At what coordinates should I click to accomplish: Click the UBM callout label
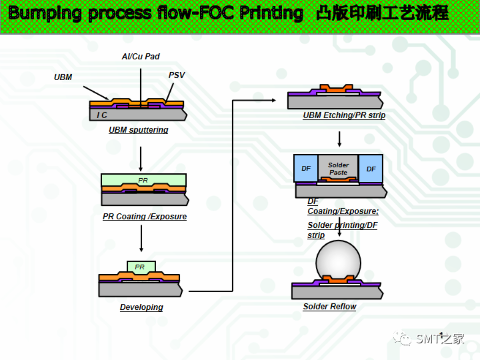[x=63, y=77]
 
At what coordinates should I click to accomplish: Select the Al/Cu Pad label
[x=141, y=56]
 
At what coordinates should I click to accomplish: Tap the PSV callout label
[x=177, y=75]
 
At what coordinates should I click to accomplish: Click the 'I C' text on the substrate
[x=102, y=115]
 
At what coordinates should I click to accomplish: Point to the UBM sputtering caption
[x=138, y=130]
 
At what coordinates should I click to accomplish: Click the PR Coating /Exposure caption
[x=144, y=217]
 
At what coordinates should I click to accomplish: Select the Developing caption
[x=141, y=307]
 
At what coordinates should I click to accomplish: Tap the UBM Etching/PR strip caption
[x=344, y=115]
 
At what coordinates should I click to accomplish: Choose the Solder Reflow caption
[x=330, y=307]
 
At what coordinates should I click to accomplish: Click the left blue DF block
[x=306, y=168]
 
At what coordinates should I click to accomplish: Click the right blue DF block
[x=371, y=168]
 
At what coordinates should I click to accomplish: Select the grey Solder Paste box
[x=338, y=168]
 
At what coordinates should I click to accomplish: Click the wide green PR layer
[x=143, y=180]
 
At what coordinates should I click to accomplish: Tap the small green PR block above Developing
[x=141, y=267]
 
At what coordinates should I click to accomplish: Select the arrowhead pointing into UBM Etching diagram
[x=273, y=100]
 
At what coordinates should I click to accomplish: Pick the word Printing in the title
[x=271, y=13]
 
